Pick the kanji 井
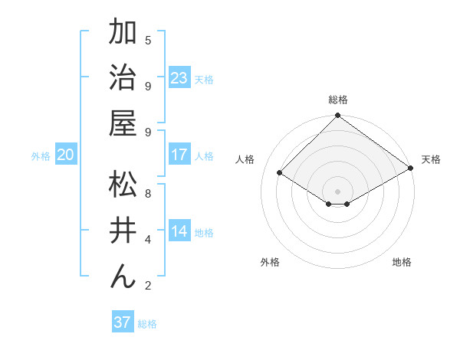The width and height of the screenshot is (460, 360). [x=123, y=230]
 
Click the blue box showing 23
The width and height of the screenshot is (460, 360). [x=179, y=78]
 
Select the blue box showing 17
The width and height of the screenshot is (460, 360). [x=179, y=155]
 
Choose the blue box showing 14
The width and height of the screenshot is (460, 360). [x=179, y=232]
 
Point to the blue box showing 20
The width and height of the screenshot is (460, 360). [x=66, y=155]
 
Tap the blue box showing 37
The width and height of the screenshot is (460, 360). [x=123, y=322]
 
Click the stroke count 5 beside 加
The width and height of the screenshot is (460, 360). [x=148, y=41]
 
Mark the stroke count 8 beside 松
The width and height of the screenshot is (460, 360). [x=148, y=193]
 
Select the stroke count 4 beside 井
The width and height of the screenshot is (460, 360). [x=148, y=240]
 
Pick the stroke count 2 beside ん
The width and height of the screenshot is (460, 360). [x=148, y=286]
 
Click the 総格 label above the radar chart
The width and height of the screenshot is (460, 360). [x=337, y=100]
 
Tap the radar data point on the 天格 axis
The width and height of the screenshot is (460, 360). [x=410, y=168]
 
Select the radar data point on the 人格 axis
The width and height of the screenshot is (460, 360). [x=280, y=173]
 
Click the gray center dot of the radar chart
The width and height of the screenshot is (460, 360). [x=337, y=191]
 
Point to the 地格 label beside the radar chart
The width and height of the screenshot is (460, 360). [x=402, y=262]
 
